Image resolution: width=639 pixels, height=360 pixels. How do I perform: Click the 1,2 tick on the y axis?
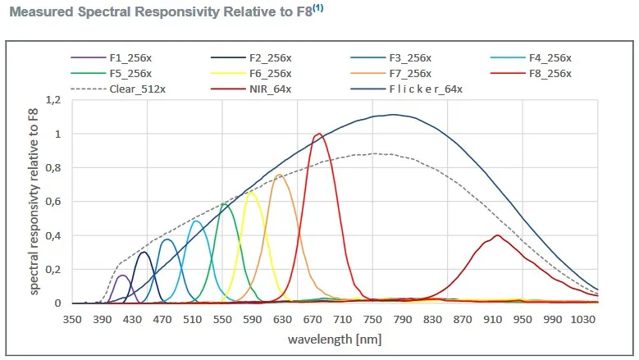[53, 100]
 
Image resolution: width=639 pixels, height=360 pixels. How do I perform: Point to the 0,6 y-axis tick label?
[53, 202]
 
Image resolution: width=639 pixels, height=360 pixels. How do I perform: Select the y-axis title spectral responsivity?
[34, 201]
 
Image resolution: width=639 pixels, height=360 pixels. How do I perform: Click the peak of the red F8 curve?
[318, 134]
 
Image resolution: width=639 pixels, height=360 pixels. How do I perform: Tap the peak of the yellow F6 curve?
[252, 193]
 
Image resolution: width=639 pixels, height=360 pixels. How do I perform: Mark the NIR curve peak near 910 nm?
[497, 235]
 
